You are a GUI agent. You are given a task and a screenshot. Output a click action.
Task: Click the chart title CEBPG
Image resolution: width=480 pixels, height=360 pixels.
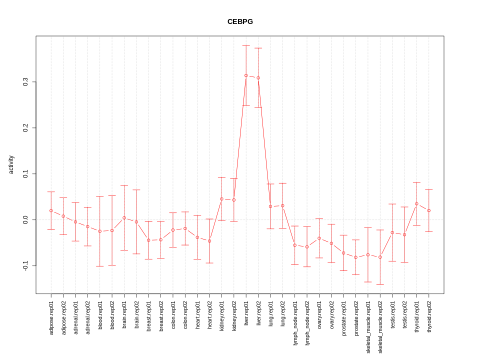point(240,21)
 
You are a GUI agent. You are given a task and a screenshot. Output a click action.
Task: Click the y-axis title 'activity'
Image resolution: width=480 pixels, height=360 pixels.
point(11,164)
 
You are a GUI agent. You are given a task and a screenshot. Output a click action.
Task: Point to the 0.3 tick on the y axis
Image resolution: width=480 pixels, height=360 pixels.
point(25,82)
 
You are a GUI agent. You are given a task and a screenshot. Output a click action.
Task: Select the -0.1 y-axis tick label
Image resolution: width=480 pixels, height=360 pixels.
point(25,265)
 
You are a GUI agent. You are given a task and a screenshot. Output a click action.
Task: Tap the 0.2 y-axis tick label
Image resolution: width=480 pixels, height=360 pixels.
point(25,128)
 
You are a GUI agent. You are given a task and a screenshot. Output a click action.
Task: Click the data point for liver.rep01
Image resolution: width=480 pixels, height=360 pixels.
point(246,75)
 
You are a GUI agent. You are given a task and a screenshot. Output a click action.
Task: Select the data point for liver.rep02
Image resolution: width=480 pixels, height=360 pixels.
point(258,78)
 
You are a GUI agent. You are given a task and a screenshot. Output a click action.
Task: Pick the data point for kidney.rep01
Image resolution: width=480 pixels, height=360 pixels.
point(221,199)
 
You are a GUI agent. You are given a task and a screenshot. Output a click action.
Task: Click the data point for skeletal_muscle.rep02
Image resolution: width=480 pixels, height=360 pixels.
point(380,257)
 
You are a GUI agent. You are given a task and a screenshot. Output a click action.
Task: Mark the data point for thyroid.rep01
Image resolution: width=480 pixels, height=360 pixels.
point(416,204)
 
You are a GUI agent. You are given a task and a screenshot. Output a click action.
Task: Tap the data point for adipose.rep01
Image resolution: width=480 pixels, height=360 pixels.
point(51,210)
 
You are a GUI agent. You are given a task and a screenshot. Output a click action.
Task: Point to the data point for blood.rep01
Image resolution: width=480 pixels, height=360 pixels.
point(99,231)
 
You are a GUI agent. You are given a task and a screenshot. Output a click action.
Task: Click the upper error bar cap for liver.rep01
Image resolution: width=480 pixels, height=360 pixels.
point(246,45)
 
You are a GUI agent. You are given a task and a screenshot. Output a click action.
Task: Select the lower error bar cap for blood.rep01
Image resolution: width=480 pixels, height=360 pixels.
point(99,266)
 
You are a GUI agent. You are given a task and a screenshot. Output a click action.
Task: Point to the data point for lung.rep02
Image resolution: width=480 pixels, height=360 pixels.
point(282,205)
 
